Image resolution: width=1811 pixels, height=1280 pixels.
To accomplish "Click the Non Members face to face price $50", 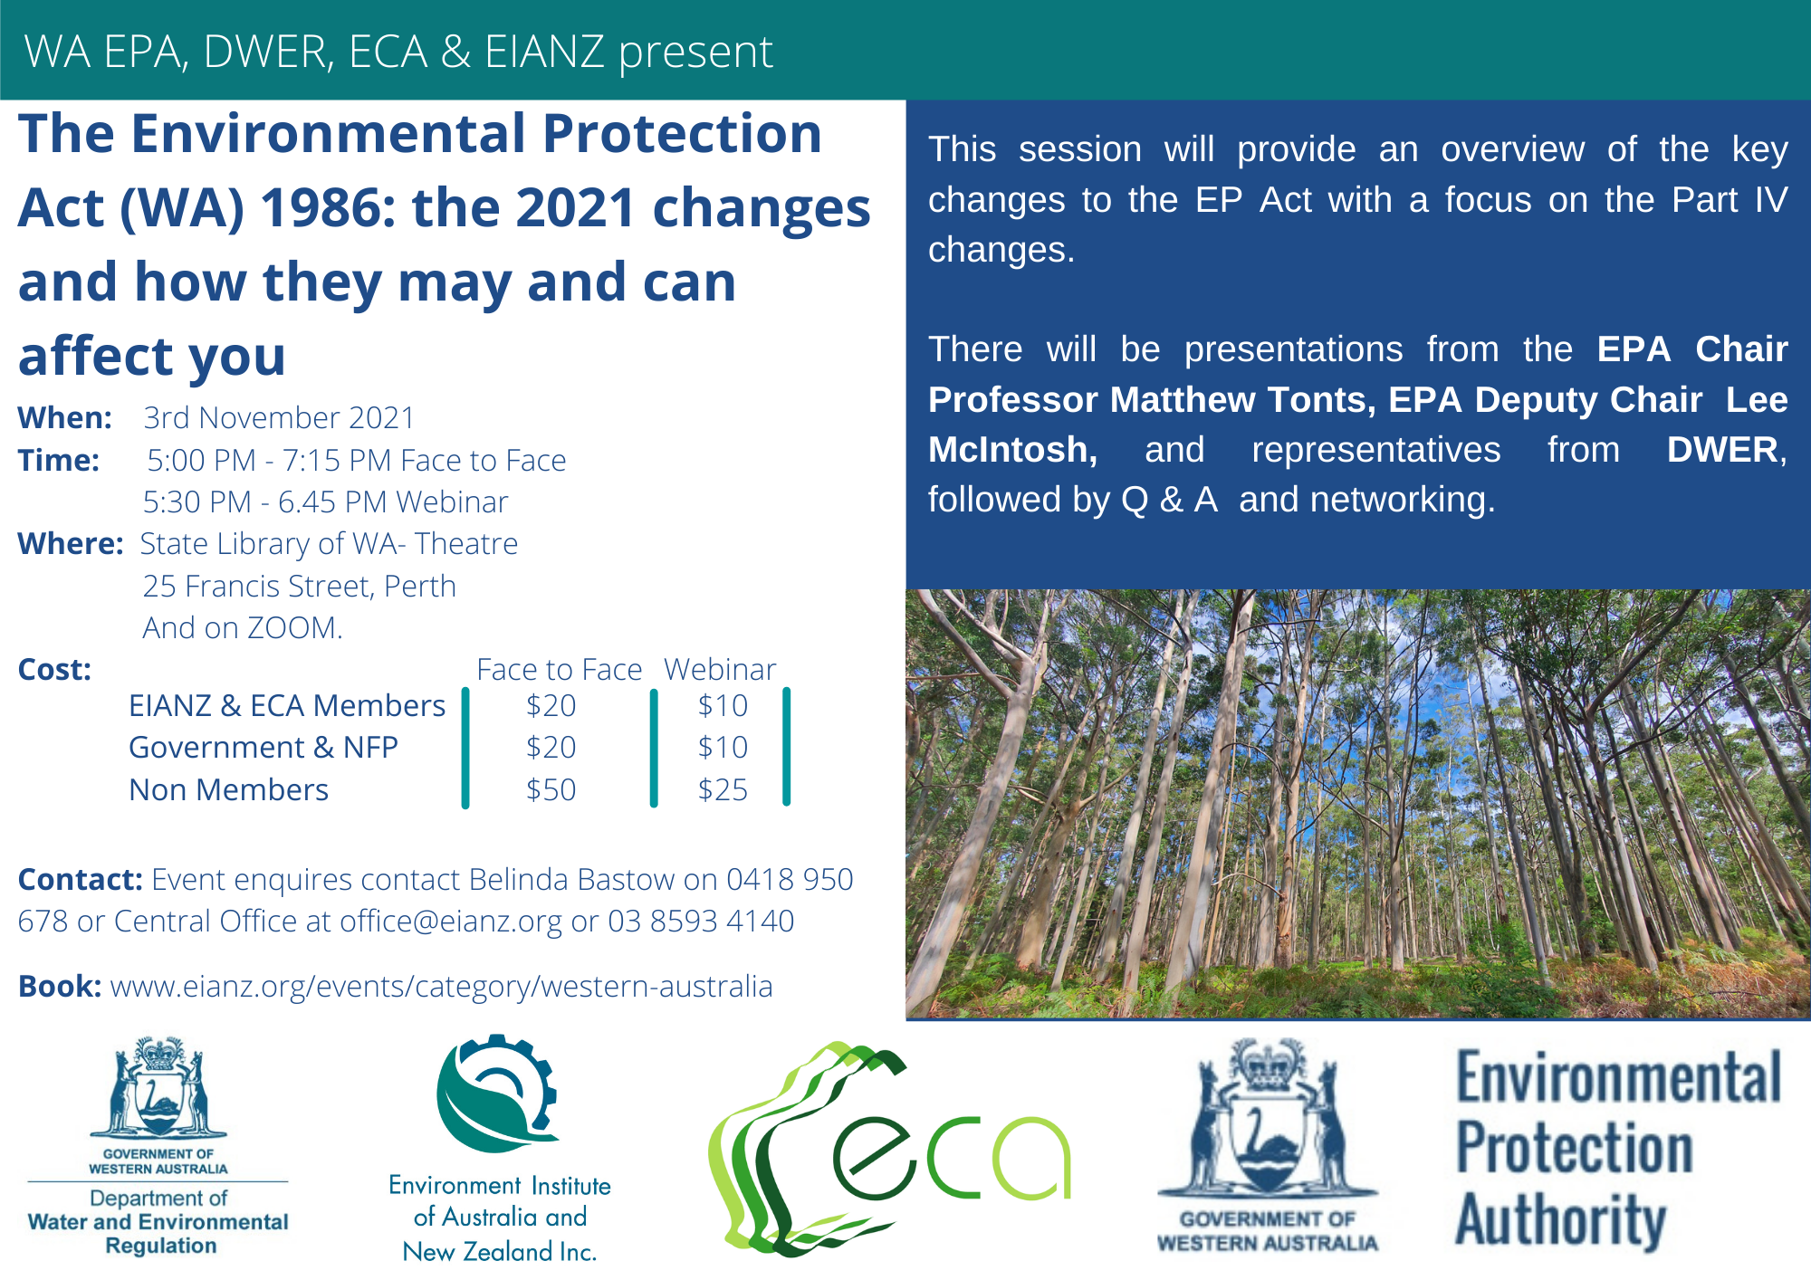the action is click(x=551, y=789).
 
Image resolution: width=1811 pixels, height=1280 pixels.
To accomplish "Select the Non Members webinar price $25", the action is click(x=723, y=789).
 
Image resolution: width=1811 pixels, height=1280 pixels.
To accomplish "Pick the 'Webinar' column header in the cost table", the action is click(x=720, y=669).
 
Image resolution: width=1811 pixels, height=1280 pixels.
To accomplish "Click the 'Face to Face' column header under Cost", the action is click(x=559, y=669).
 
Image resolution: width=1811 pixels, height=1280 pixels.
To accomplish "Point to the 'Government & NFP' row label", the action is click(x=264, y=747).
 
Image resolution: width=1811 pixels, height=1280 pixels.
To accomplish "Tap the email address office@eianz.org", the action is click(x=451, y=922).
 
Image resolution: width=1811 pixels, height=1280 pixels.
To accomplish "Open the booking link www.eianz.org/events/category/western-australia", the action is click(x=441, y=987).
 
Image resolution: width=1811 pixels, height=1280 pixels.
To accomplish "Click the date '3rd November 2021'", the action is click(x=279, y=417).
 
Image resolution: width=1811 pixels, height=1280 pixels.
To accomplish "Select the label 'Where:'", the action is click(x=71, y=543).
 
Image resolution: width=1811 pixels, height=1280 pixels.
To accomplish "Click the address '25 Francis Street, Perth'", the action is click(x=299, y=586).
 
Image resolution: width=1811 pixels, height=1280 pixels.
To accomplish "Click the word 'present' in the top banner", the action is click(x=695, y=53).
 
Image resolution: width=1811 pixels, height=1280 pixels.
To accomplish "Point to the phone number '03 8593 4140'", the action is click(x=701, y=922).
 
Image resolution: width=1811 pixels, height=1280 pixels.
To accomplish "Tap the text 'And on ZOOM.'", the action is click(x=243, y=627).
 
